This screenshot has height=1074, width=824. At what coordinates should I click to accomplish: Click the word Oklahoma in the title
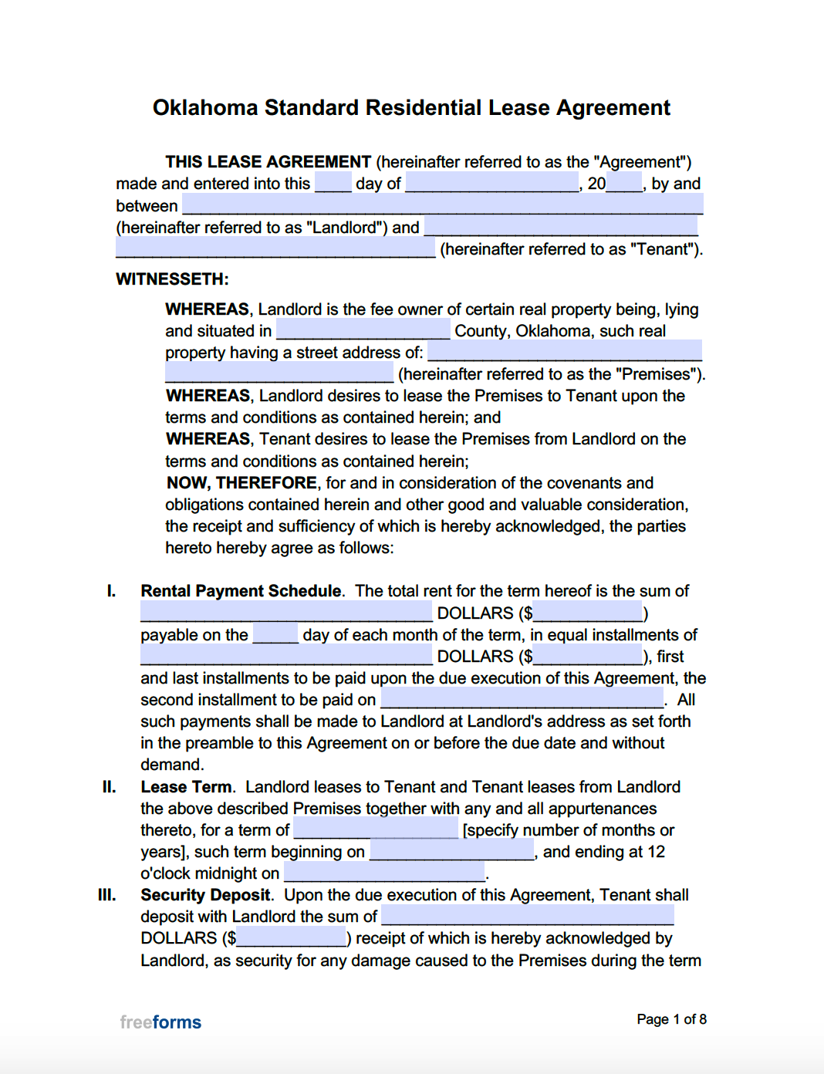(205, 107)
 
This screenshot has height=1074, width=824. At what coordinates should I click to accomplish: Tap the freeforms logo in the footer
(160, 1022)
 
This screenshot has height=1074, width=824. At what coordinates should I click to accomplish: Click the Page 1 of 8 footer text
(671, 1019)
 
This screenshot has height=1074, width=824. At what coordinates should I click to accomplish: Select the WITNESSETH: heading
(172, 279)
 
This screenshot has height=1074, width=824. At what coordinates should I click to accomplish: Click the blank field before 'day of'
(333, 184)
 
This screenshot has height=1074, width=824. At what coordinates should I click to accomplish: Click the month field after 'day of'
(491, 184)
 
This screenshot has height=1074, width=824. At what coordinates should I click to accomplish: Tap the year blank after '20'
(624, 184)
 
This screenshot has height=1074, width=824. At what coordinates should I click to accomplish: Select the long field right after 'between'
(443, 205)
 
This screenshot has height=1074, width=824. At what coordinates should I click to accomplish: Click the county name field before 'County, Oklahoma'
(363, 331)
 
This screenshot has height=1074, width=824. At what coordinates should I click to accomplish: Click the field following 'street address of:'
(564, 353)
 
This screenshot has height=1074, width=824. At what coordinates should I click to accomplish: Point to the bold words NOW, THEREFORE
(241, 483)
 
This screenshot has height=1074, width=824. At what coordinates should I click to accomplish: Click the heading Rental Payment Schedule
(241, 591)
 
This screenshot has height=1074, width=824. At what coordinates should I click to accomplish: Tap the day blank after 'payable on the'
(275, 635)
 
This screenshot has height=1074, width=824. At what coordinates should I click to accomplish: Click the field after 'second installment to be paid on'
(522, 700)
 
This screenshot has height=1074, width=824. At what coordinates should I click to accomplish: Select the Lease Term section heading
(186, 787)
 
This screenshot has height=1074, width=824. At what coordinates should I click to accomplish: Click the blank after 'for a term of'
(376, 830)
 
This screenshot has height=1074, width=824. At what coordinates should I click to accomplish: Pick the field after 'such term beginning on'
(451, 852)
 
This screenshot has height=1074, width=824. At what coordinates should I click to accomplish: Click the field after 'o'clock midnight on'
(384, 873)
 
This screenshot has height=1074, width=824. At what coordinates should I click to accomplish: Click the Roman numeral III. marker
(107, 895)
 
